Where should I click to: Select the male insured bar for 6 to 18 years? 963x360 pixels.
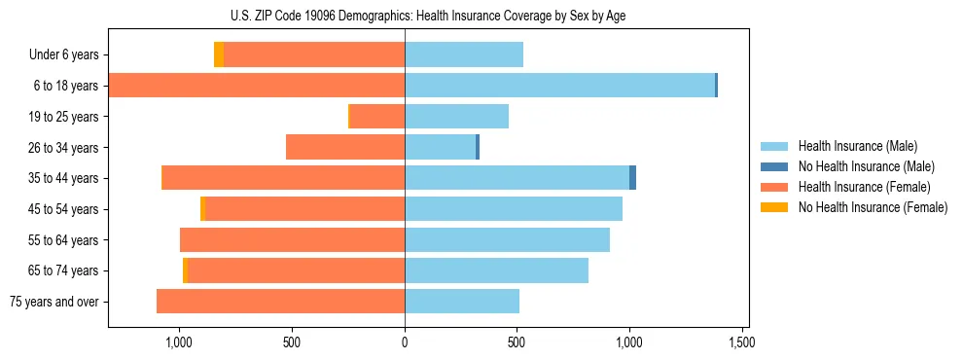pyautogui.click(x=559, y=86)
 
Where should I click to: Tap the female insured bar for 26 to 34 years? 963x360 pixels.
pyautogui.click(x=345, y=147)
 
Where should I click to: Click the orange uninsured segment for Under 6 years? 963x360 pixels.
pyautogui.click(x=219, y=54)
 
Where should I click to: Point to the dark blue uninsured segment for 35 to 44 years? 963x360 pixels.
pyautogui.click(x=632, y=178)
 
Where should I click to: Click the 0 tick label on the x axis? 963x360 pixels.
pyautogui.click(x=405, y=342)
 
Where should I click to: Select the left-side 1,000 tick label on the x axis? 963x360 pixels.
pyautogui.click(x=179, y=342)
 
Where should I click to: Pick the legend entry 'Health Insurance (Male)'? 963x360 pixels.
pyautogui.click(x=857, y=146)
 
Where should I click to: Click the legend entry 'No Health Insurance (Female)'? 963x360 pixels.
pyautogui.click(x=873, y=207)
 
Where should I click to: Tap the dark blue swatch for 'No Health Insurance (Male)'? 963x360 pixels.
pyautogui.click(x=774, y=166)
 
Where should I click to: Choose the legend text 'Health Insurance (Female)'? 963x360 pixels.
pyautogui.click(x=864, y=187)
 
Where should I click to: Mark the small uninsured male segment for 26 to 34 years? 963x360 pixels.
pyautogui.click(x=478, y=147)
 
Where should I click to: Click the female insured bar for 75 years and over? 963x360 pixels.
pyautogui.click(x=281, y=302)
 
